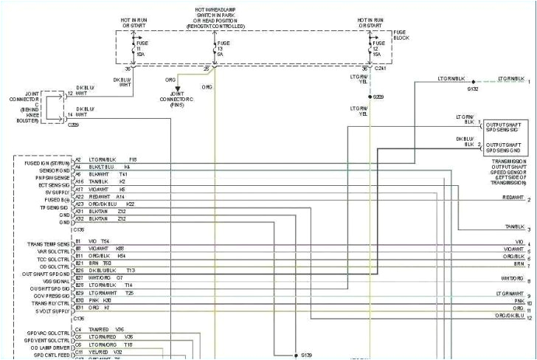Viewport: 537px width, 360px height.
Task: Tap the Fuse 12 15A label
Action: click(376, 49)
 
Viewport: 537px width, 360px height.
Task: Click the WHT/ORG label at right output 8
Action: click(512, 277)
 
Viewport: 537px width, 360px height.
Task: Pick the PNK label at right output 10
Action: click(520, 300)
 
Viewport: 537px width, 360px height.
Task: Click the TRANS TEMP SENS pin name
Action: click(49, 243)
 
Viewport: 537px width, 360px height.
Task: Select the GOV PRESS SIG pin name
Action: click(52, 293)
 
